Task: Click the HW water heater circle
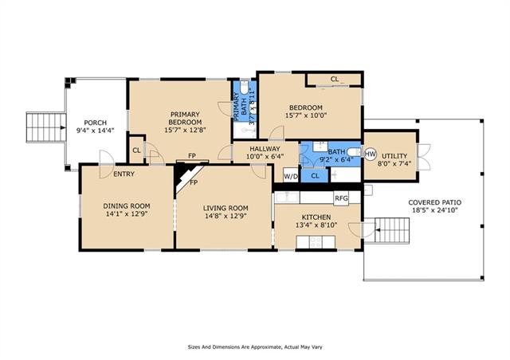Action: coord(370,154)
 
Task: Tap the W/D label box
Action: coord(291,176)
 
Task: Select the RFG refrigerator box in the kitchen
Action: coord(341,198)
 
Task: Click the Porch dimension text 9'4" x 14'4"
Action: coord(95,131)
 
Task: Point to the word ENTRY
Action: coord(124,174)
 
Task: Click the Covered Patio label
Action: coord(434,202)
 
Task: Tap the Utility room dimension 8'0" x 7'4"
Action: coord(394,163)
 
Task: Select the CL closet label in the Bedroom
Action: coord(335,79)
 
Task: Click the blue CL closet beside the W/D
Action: coord(315,176)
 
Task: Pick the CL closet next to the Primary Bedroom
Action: coord(136,151)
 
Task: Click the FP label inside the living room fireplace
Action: coord(194,182)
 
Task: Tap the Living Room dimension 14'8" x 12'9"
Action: coord(226,216)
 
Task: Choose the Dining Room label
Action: coord(127,205)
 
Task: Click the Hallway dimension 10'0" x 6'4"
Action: coord(265,156)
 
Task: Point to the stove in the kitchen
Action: coord(315,241)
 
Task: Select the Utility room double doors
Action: coord(423,158)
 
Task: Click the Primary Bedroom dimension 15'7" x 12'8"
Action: coord(185,130)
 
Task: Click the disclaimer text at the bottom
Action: coord(255,347)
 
